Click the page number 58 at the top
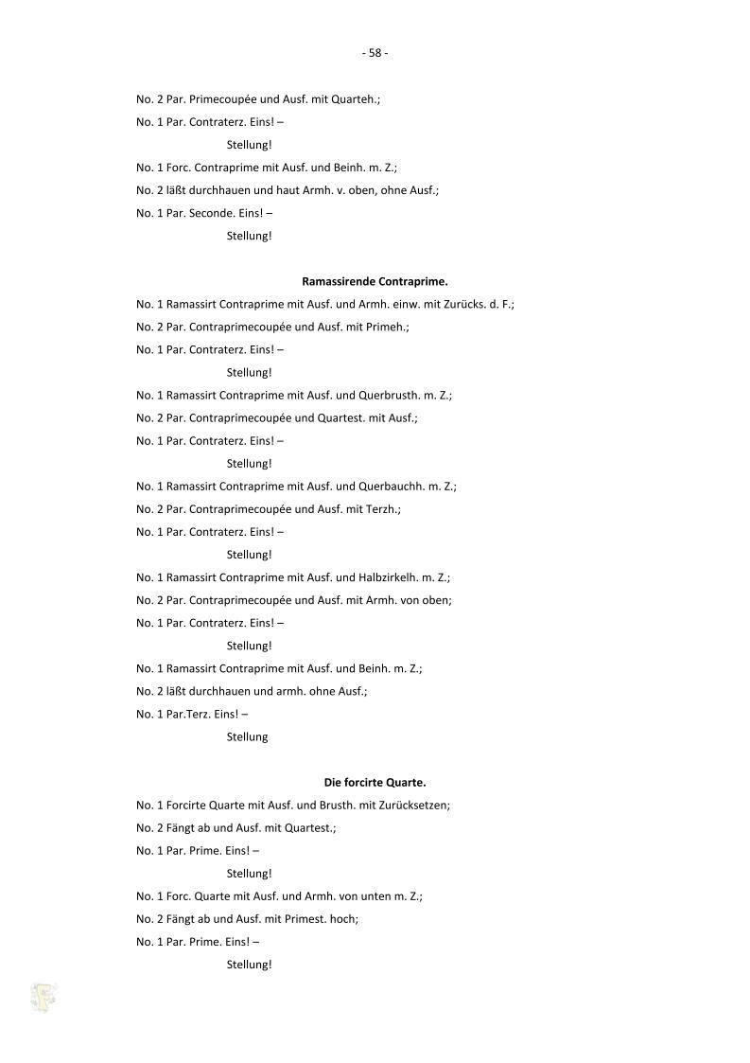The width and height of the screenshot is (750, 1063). pyautogui.click(x=375, y=53)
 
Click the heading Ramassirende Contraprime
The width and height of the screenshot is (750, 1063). pyautogui.click(x=375, y=281)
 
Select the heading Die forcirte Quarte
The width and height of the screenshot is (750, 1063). pyautogui.click(x=375, y=782)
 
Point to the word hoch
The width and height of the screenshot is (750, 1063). pyautogui.click(x=344, y=918)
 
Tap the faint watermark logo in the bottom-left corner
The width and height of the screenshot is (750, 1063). pyautogui.click(x=44, y=997)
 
